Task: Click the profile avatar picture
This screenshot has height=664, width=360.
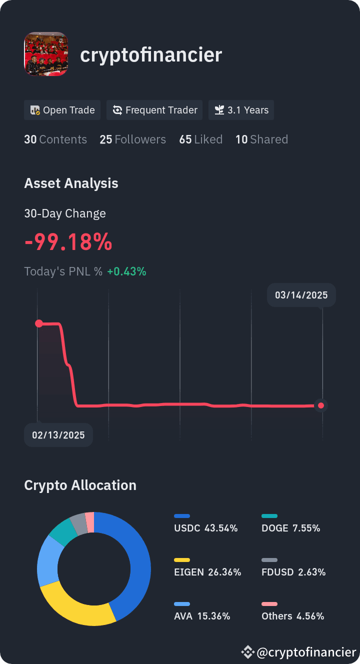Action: tap(46, 54)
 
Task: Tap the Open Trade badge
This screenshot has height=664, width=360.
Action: tap(62, 110)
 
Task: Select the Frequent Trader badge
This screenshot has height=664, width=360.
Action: tap(154, 110)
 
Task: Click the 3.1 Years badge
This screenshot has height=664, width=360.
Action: tap(241, 110)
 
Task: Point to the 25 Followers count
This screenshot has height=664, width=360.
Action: tap(132, 139)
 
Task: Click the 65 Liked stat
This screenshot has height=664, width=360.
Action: tap(201, 139)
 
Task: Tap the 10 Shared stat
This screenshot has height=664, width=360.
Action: tap(261, 139)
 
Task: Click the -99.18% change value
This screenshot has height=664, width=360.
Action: tap(68, 242)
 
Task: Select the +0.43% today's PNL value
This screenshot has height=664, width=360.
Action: tap(126, 271)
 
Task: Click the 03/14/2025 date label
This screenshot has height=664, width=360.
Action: tap(301, 295)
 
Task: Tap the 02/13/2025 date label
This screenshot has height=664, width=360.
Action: tap(58, 435)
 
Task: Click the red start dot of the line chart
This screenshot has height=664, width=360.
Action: tap(39, 323)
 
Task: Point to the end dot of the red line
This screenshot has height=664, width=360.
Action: tap(321, 405)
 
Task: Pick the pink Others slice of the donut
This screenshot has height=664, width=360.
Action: tap(90, 522)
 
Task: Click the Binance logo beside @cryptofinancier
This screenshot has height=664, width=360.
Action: tap(247, 652)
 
